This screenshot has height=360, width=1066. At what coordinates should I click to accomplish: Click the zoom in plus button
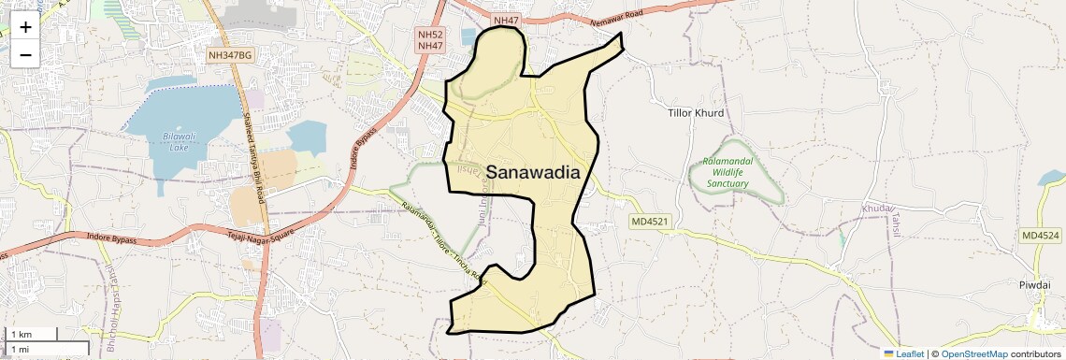pos(25,27)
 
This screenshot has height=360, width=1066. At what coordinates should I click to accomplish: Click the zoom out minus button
pos(25,54)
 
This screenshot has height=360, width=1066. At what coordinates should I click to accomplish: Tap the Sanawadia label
pos(533,173)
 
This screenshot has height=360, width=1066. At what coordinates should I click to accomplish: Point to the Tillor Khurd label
pos(697,113)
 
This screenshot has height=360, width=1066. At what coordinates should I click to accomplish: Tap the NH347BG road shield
pos(231,55)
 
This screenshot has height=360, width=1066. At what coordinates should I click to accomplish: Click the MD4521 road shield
pos(651,222)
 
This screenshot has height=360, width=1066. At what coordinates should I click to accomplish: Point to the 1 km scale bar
pos(33,334)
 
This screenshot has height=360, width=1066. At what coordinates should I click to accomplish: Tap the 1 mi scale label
pos(21,349)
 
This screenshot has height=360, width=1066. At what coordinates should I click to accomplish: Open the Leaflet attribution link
pos(903,353)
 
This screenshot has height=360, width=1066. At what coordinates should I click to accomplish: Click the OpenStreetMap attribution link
pos(974,353)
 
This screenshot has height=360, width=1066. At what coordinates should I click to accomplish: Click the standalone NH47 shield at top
pos(506,20)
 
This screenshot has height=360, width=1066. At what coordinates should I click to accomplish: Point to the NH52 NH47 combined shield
pos(430,40)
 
